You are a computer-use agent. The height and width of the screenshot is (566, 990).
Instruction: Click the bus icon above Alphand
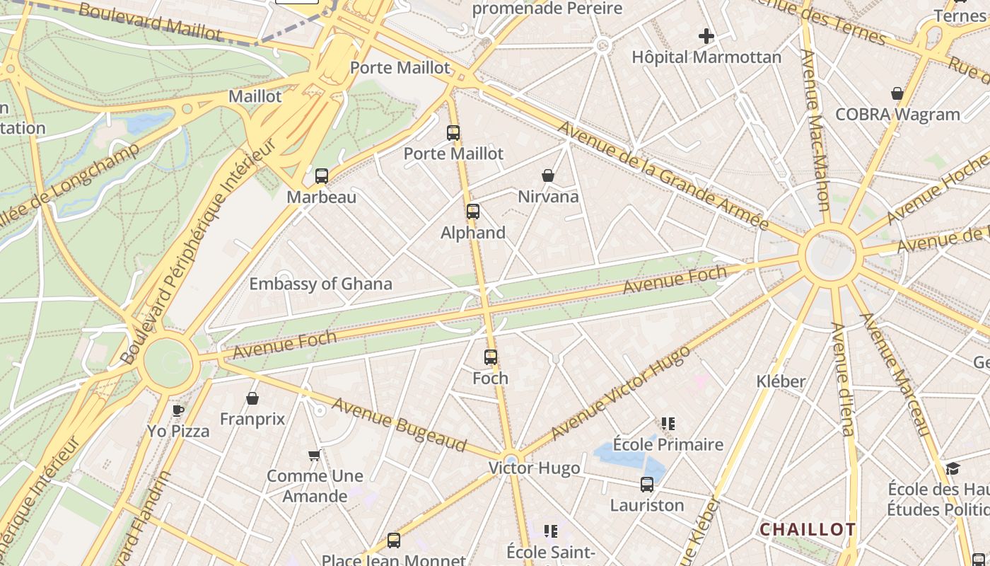(473, 211)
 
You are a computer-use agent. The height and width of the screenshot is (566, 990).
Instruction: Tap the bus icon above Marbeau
(322, 175)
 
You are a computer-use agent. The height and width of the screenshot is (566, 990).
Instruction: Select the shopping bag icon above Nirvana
(548, 175)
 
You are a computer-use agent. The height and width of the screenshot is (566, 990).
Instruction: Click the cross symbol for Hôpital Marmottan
(706, 35)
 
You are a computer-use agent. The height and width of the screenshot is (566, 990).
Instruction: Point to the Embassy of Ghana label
(320, 284)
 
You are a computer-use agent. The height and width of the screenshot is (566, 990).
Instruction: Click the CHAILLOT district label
(808, 529)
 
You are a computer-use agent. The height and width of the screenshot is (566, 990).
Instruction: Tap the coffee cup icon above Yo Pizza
(178, 410)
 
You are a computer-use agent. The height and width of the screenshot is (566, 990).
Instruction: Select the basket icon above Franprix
(252, 398)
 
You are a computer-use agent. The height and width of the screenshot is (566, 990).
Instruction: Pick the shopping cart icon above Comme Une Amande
(315, 455)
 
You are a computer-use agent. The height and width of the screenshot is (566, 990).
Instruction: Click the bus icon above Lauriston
(647, 485)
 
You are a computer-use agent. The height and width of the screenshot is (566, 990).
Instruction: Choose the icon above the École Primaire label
(668, 424)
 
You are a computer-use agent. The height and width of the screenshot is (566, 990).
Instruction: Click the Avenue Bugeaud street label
(400, 424)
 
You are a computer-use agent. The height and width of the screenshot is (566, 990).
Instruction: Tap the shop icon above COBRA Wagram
(897, 93)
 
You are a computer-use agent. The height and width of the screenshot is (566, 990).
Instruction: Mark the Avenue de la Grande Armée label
(663, 175)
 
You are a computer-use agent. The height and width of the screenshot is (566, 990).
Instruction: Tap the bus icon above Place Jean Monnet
(394, 541)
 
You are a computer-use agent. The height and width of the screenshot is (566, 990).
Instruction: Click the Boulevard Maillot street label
(150, 21)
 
